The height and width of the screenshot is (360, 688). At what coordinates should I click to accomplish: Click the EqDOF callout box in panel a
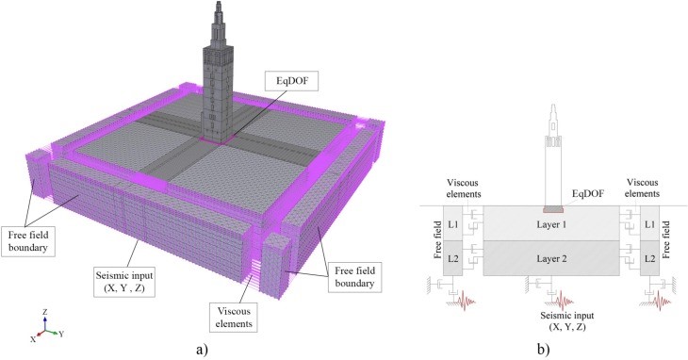click(x=292, y=80)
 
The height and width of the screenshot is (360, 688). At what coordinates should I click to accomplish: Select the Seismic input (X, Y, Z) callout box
click(x=124, y=282)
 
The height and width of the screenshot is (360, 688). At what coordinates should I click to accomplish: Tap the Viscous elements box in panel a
click(x=234, y=317)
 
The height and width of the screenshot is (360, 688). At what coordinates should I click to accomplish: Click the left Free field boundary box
click(x=27, y=240)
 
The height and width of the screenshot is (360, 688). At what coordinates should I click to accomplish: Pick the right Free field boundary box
click(x=354, y=276)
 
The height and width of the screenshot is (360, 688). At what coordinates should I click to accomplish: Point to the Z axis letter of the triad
click(x=44, y=312)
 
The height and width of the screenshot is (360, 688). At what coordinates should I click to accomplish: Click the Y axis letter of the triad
click(x=61, y=335)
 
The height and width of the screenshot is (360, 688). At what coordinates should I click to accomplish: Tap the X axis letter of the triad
click(x=33, y=339)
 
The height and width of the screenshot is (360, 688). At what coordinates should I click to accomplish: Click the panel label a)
click(x=202, y=350)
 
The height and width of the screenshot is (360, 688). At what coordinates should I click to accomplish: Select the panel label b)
click(x=543, y=350)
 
